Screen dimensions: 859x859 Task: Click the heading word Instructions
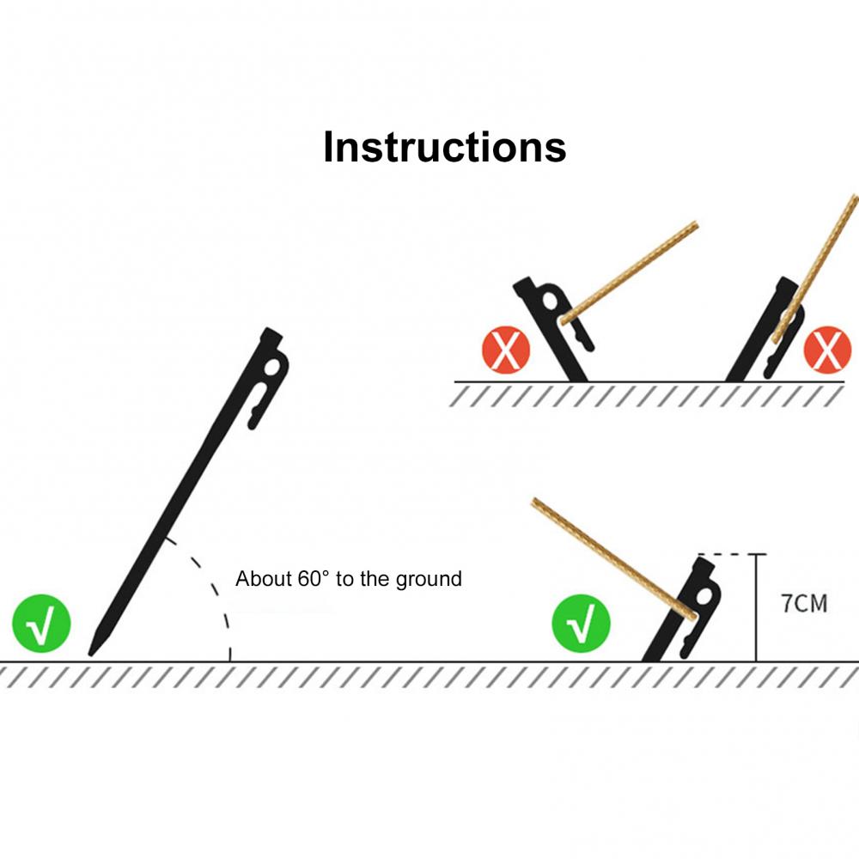[444, 147]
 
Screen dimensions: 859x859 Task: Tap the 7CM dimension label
[804, 604]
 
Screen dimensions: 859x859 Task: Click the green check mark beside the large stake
[41, 624]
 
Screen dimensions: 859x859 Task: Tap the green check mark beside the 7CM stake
[581, 624]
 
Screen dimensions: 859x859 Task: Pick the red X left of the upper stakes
[506, 350]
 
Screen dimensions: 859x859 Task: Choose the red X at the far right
[827, 350]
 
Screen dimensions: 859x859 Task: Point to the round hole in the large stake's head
[272, 367]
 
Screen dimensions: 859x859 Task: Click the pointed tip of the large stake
[91, 654]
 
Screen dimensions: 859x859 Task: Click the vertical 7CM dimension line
[756, 608]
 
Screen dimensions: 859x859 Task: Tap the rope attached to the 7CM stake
[613, 559]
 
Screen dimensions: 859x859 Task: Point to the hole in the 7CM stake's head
[704, 595]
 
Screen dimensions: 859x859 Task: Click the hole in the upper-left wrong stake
[550, 302]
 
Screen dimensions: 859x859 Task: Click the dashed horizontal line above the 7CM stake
[732, 554]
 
